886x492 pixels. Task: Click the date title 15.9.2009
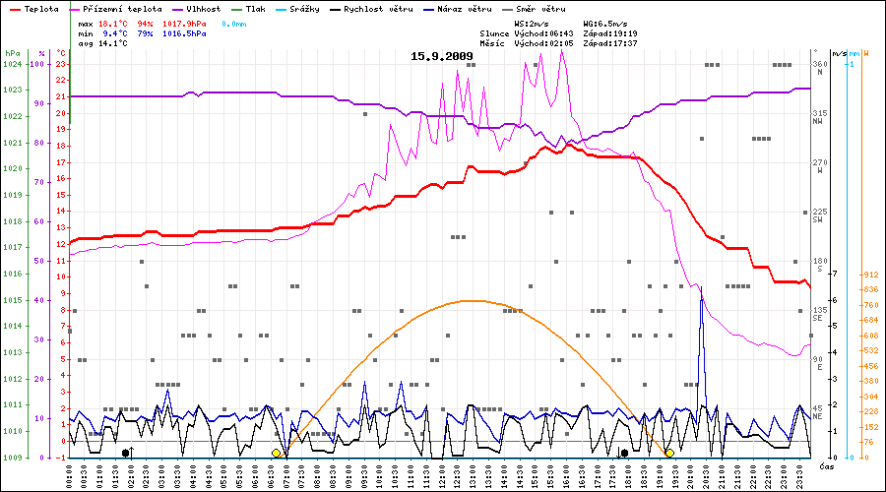[x=441, y=56]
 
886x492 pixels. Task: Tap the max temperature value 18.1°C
[x=111, y=23]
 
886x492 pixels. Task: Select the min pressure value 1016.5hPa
[x=185, y=33]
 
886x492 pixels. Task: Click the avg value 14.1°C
[x=111, y=44]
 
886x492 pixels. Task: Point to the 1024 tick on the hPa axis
[x=12, y=64]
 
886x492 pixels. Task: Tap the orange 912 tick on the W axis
[x=871, y=276]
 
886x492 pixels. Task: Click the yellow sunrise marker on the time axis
[x=277, y=453]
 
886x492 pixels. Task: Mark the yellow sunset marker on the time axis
[x=669, y=453]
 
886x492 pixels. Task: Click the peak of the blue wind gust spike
[x=701, y=286]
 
